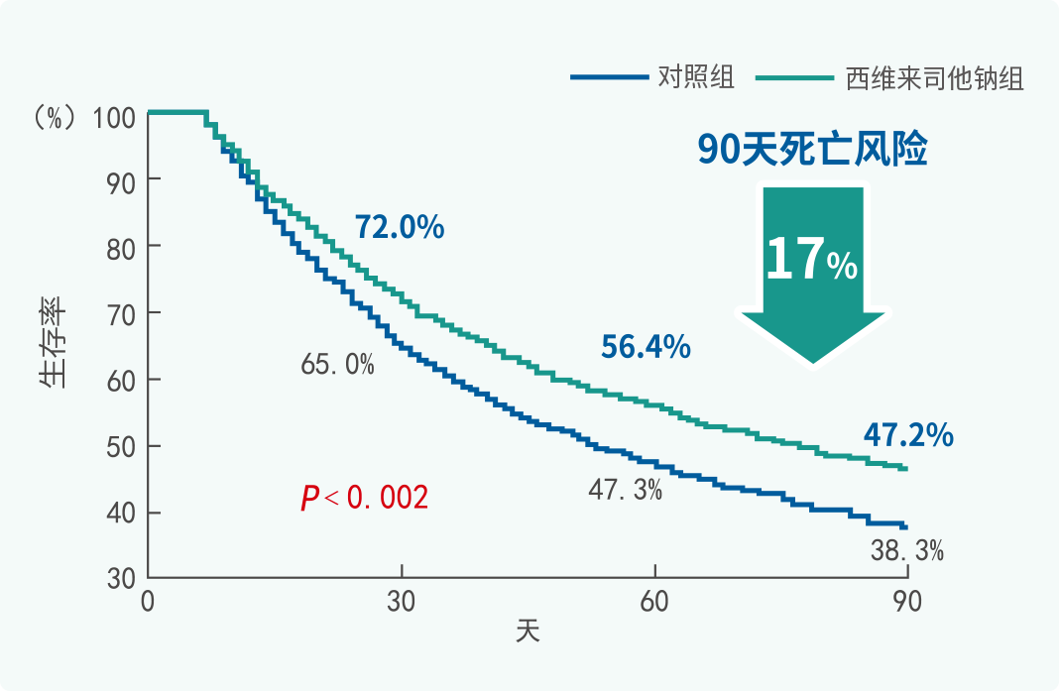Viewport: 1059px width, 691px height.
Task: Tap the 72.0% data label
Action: (400, 228)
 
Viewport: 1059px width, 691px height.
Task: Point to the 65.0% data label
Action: (338, 365)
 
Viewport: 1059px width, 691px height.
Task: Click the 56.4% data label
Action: (646, 347)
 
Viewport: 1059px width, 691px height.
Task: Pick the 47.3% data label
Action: (625, 489)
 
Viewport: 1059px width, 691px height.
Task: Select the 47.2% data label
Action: (908, 434)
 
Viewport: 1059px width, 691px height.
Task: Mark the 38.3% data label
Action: (906, 551)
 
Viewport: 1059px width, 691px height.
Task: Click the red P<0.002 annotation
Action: (365, 498)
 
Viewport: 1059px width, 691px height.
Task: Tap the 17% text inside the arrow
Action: (811, 260)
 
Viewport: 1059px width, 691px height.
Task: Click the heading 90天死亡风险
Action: (812, 151)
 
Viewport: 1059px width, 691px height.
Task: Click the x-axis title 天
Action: (528, 631)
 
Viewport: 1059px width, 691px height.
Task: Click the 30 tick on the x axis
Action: (402, 602)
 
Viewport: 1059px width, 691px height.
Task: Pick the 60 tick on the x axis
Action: (655, 602)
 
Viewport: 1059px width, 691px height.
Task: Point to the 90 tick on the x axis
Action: (907, 602)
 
